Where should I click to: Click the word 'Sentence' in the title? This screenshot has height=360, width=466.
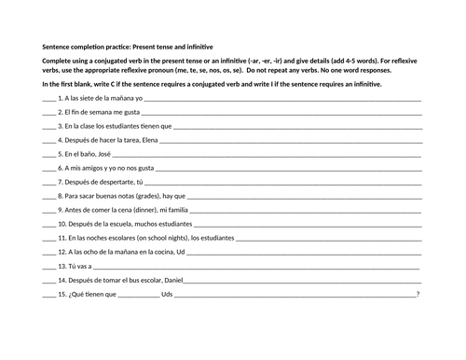coord(57,46)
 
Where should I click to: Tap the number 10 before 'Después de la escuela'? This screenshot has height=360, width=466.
coord(62,224)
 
